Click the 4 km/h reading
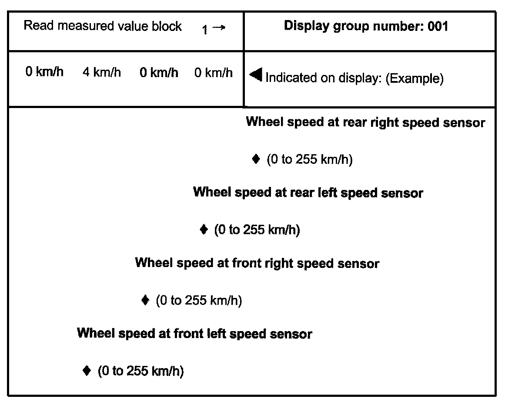point(102,72)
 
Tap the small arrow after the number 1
point(220,28)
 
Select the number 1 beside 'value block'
point(205,30)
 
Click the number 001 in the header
point(438,26)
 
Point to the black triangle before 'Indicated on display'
point(256,76)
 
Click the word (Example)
point(415,79)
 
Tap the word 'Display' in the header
point(307,26)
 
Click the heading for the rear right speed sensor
point(365,122)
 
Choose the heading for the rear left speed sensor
point(308,193)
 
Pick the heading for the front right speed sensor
point(257,264)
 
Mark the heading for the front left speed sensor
point(194,334)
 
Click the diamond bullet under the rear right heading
point(256,159)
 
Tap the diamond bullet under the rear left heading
point(203,229)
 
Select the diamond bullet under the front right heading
point(145,300)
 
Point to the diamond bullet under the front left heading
point(87,371)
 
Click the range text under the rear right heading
point(309,159)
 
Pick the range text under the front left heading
point(140,371)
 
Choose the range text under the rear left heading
point(257,230)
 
